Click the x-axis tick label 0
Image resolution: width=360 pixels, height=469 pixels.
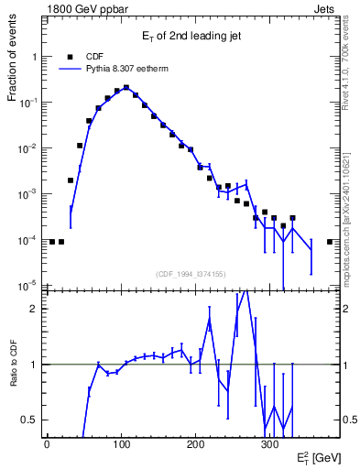click(x=47, y=444)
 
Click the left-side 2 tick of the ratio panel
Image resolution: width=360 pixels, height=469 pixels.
click(x=33, y=309)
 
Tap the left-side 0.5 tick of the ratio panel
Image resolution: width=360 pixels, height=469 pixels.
click(x=29, y=420)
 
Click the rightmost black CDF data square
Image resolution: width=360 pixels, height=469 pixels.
click(x=329, y=242)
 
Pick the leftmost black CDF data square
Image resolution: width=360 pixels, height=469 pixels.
click(x=51, y=242)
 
